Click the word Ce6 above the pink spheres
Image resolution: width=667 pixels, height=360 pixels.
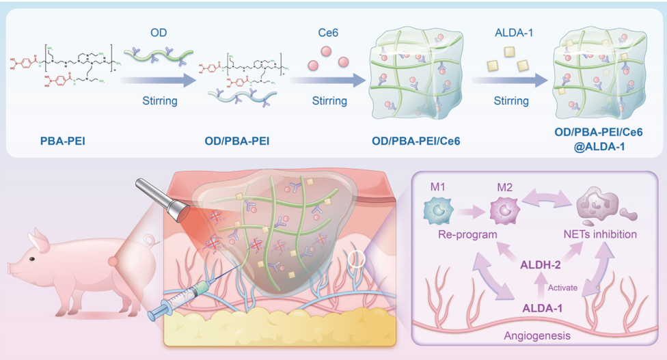click(329, 32)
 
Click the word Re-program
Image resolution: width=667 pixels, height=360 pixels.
click(467, 234)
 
